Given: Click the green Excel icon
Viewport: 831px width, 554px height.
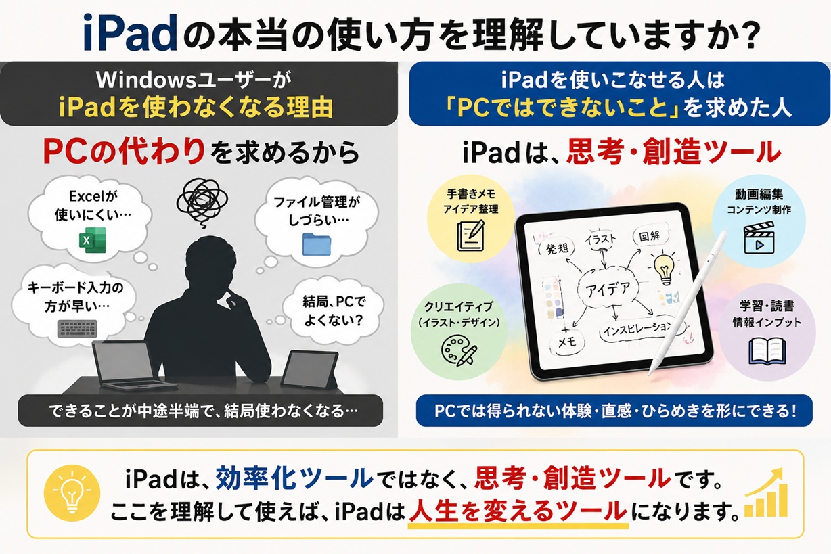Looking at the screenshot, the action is click(93, 240).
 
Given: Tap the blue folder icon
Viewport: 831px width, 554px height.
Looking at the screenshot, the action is click(317, 244).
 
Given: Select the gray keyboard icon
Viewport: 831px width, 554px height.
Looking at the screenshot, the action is click(78, 329).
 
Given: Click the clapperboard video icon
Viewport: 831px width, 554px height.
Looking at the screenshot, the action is click(759, 237).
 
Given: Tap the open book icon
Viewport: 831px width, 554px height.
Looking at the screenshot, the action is click(767, 351).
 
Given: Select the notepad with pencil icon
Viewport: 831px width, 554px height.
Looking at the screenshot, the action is click(471, 235).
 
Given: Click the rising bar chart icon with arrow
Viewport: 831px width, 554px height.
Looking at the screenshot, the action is click(766, 493).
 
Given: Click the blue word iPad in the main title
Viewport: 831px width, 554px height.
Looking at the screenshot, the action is click(131, 32).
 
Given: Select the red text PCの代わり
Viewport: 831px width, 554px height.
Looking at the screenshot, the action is click(124, 152).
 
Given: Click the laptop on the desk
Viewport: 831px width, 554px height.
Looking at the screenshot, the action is click(128, 366).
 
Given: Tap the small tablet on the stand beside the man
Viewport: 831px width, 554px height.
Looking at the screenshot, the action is click(309, 369).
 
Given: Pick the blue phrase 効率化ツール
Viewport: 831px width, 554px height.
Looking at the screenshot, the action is click(294, 478).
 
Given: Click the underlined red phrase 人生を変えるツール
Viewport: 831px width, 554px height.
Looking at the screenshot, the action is click(518, 511).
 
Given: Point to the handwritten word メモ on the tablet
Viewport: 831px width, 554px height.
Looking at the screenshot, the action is click(567, 342).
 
